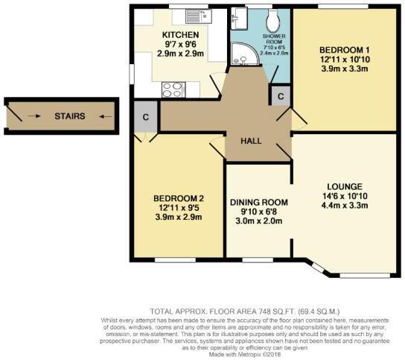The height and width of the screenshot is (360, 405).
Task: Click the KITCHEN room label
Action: (x=179, y=35)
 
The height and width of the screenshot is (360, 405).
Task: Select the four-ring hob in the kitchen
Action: (x=172, y=89)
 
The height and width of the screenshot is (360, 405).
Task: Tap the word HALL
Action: (x=249, y=141)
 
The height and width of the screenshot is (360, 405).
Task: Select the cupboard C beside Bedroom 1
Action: (x=281, y=96)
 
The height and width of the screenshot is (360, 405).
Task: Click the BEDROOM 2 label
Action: (x=180, y=198)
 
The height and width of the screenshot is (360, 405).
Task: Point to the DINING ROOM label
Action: (x=258, y=202)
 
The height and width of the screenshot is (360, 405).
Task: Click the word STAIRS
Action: (x=69, y=116)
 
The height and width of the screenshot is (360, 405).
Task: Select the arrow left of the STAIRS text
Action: (x=34, y=116)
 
